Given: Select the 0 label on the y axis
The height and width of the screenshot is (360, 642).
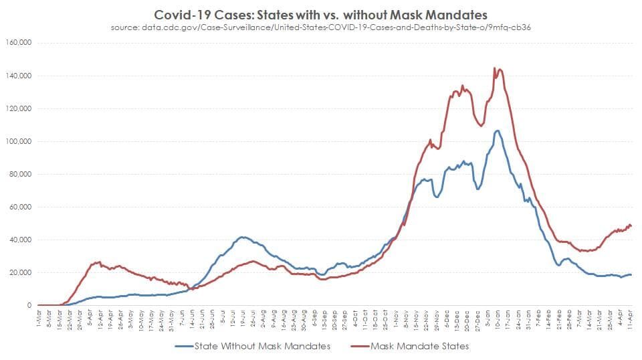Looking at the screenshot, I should pyautogui.click(x=30, y=305).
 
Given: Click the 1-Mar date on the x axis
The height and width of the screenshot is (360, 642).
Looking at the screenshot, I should pyautogui.click(x=40, y=319).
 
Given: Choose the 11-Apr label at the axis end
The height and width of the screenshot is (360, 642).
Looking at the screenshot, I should pyautogui.click(x=631, y=320).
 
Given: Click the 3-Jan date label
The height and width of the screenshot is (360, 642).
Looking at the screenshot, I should pyautogui.click(x=490, y=319).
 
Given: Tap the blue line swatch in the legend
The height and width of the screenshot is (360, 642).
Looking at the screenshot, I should pyautogui.click(x=184, y=346).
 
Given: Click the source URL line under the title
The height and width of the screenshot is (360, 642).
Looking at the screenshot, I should pyautogui.click(x=321, y=27).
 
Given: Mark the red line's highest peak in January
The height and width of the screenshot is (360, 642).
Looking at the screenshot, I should pyautogui.click(x=494, y=68).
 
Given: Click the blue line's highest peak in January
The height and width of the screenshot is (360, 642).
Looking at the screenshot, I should pyautogui.click(x=497, y=130).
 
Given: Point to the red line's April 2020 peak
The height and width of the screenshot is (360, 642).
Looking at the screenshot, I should pyautogui.click(x=99, y=262).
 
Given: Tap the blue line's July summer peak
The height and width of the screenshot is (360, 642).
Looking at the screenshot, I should pyautogui.click(x=242, y=237).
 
